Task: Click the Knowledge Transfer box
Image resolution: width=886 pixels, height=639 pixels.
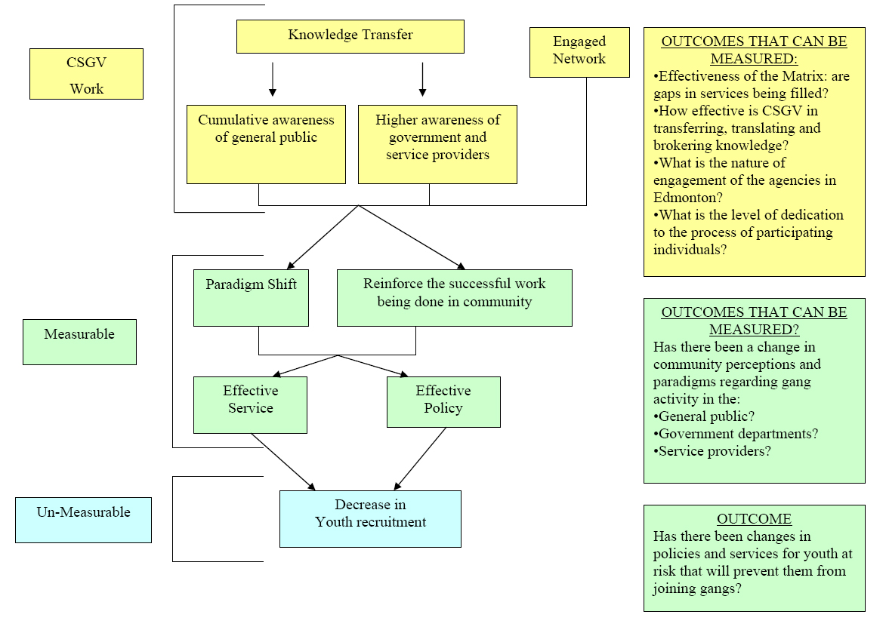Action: coord(350,36)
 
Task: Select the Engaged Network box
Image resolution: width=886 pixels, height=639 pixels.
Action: coord(579,52)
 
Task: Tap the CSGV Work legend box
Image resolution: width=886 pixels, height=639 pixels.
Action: coord(86,74)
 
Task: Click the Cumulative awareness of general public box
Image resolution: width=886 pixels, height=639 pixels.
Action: coord(266,144)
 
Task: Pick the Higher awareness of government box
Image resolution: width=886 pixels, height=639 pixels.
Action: coord(437,144)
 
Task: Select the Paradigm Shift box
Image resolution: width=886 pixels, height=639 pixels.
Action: coord(251,298)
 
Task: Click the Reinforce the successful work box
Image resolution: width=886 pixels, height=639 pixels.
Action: coord(454,298)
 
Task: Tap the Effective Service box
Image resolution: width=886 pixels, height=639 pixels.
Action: coord(250,404)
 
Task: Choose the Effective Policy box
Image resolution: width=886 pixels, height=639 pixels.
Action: coord(443,402)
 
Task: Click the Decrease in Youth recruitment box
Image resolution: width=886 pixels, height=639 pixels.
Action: coord(370,518)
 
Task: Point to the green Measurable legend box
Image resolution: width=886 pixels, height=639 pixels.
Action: coord(79,342)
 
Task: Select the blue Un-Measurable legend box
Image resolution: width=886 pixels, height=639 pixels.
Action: coord(83,520)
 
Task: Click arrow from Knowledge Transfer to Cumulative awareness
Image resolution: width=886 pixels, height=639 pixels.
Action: coord(273,79)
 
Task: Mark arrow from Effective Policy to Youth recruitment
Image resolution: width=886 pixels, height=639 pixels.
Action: coord(420,459)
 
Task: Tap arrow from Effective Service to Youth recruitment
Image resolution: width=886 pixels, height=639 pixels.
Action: coord(282,460)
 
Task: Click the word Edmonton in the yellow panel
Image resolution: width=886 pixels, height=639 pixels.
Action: coord(684,198)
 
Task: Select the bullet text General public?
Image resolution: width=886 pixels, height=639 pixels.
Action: coord(706,416)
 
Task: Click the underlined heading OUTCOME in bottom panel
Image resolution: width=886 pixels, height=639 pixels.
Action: coord(754,519)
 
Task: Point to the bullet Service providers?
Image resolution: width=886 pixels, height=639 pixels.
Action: coord(714,451)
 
